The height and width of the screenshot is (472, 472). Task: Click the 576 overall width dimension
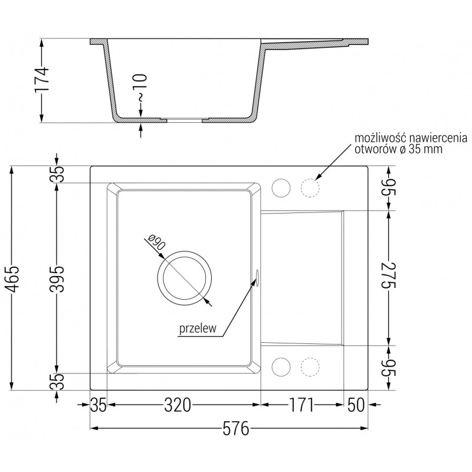click(x=235, y=428)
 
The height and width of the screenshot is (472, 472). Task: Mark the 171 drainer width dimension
click(x=301, y=405)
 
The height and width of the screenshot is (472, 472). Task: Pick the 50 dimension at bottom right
click(x=356, y=405)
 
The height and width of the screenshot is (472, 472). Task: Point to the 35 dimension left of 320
click(x=99, y=405)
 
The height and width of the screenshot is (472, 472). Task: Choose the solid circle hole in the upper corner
click(x=281, y=188)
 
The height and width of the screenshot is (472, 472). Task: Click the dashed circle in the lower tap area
click(x=309, y=366)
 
